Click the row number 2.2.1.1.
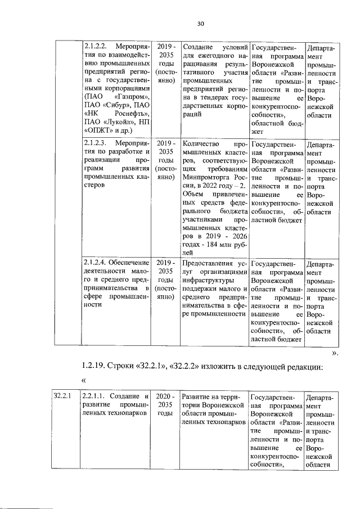tap(97, 397)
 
